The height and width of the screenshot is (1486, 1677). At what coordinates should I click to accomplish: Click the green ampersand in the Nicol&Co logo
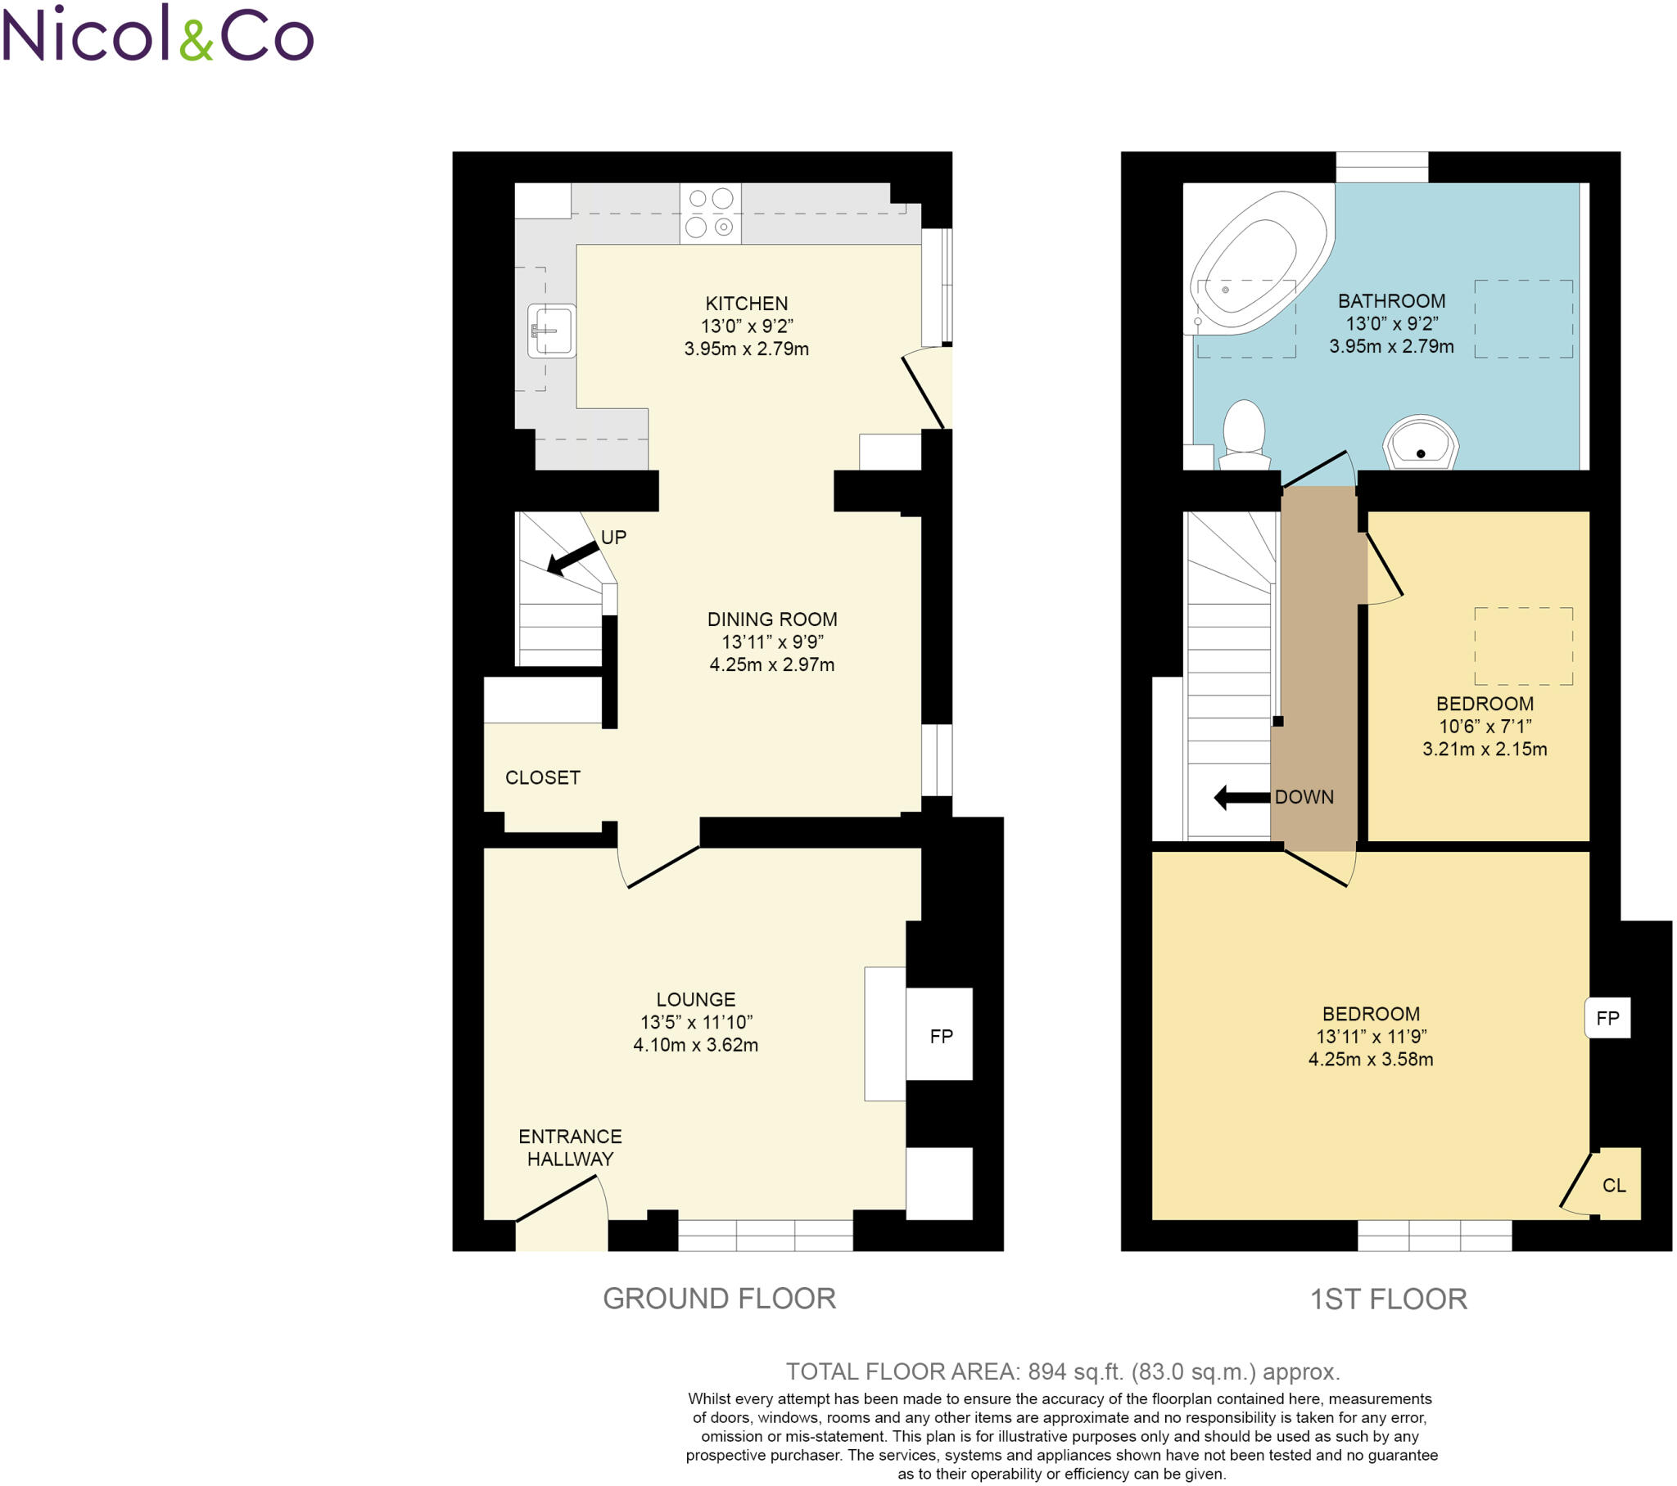point(196,40)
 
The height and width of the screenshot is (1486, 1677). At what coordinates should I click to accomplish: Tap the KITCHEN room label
point(746,304)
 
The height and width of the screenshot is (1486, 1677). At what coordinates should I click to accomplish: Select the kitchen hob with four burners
point(710,214)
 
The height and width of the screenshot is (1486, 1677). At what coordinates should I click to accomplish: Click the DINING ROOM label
point(771,619)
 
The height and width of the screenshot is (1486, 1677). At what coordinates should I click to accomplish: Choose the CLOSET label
point(542,777)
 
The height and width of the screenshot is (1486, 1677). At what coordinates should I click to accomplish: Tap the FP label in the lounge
point(941,1037)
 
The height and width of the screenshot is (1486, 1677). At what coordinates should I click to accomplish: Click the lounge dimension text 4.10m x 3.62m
point(695,1045)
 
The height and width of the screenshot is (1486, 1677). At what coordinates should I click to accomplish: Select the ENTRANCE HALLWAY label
point(569,1147)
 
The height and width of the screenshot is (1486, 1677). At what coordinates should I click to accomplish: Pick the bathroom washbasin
point(1420,444)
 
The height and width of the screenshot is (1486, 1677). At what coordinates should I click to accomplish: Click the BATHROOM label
point(1391,301)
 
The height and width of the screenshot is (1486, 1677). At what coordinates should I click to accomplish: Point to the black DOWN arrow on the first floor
point(1241,797)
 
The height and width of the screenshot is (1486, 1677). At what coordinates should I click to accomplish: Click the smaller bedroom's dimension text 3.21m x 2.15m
point(1485,749)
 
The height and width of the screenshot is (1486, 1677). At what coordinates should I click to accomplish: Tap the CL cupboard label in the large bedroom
point(1614,1185)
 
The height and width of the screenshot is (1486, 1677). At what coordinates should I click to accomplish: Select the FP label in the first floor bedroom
point(1607,1018)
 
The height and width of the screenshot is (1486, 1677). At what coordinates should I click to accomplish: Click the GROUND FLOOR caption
point(719,1298)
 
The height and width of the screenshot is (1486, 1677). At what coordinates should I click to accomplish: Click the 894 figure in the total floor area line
point(1046,1371)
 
